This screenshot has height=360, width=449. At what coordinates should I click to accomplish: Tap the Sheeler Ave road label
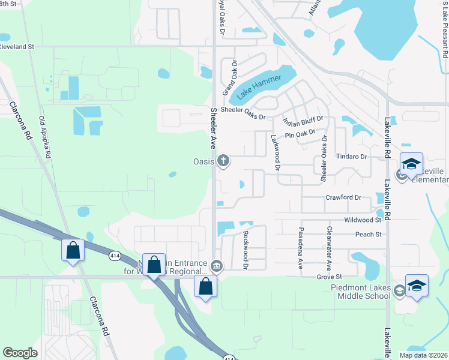pyautogui.click(x=213, y=128)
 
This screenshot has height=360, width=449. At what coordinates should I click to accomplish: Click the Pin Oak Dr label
pyautogui.click(x=300, y=134)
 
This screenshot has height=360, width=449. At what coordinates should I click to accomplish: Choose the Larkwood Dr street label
pyautogui.click(x=275, y=152)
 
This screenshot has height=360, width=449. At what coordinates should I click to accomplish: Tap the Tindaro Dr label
pyautogui.click(x=351, y=157)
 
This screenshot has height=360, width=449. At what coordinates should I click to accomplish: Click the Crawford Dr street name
pyautogui.click(x=343, y=197)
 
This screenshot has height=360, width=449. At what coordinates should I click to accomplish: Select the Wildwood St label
pyautogui.click(x=363, y=220)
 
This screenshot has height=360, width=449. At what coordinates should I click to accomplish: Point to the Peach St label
pyautogui.click(x=369, y=234)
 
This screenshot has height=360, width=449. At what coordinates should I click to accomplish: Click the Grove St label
pyautogui.click(x=329, y=277)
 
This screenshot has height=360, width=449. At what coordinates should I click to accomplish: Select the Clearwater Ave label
pyautogui.click(x=329, y=247)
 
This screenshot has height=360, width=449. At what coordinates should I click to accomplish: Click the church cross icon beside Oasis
pyautogui.click(x=223, y=160)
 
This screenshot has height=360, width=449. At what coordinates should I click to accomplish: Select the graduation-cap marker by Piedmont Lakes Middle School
pyautogui.click(x=417, y=286)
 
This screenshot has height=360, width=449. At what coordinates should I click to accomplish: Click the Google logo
pyautogui.click(x=20, y=353)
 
